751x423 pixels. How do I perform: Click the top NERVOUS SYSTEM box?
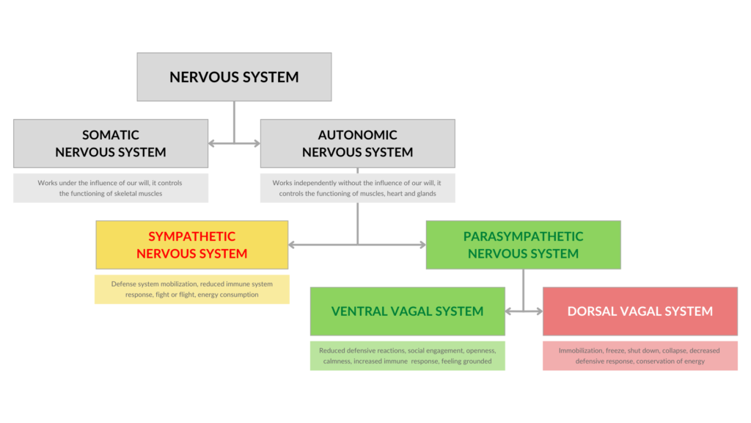pos(234,76)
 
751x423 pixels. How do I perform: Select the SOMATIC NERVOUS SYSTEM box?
pos(111,144)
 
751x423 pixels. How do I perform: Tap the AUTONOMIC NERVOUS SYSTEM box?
pos(357,144)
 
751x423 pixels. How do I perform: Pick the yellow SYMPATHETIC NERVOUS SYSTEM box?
pos(192,245)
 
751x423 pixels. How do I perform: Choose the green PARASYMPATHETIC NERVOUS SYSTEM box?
pos(523,245)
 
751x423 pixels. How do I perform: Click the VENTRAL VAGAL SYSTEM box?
pos(407,311)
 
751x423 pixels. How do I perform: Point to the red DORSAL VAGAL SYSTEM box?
pos(640,311)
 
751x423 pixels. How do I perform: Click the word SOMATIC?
pos(111,135)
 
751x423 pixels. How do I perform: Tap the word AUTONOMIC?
pos(357,135)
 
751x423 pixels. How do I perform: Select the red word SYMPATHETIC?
pos(192,236)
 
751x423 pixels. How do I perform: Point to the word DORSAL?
pos(593,311)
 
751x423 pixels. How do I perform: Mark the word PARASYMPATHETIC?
pos(523,236)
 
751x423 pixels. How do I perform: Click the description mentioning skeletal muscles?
pos(111,188)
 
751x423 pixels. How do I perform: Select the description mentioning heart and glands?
pos(357,188)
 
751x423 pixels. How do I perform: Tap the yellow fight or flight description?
pos(192,289)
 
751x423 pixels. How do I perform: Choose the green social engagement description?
pos(407,355)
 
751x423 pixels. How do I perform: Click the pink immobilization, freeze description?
pos(640,355)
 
